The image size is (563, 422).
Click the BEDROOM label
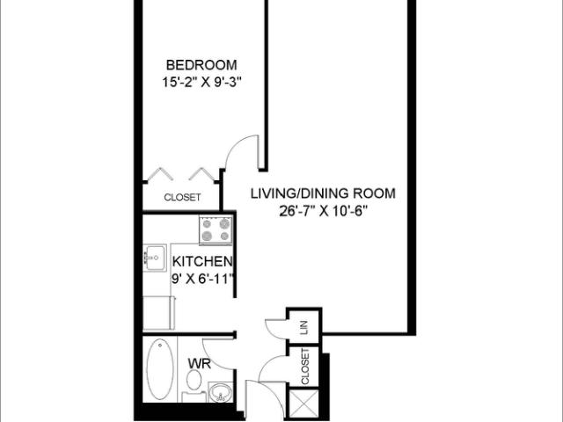tap(202, 66)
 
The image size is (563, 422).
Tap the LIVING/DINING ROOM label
tap(323, 193)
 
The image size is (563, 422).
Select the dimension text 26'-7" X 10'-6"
tap(323, 210)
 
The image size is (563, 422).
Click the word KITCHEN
tap(202, 262)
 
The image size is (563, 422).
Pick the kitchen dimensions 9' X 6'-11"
tap(202, 279)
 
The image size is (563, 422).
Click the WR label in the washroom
tap(197, 362)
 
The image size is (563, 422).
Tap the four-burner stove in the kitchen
tap(215, 230)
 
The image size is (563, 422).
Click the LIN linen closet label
tap(304, 326)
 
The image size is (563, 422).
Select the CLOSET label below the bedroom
tap(182, 198)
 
